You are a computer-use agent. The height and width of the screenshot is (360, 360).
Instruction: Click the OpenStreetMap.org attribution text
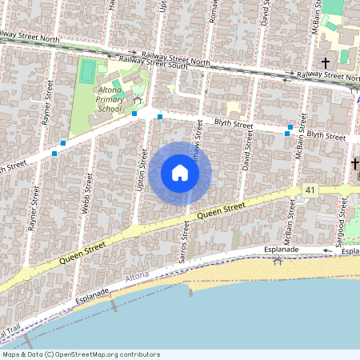click(80, 354)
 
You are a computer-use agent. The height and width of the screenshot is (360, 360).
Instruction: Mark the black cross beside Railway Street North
click(326, 62)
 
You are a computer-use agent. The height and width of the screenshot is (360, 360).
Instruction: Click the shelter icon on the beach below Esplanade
click(278, 262)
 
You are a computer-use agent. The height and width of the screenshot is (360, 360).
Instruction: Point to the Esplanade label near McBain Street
click(282, 250)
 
